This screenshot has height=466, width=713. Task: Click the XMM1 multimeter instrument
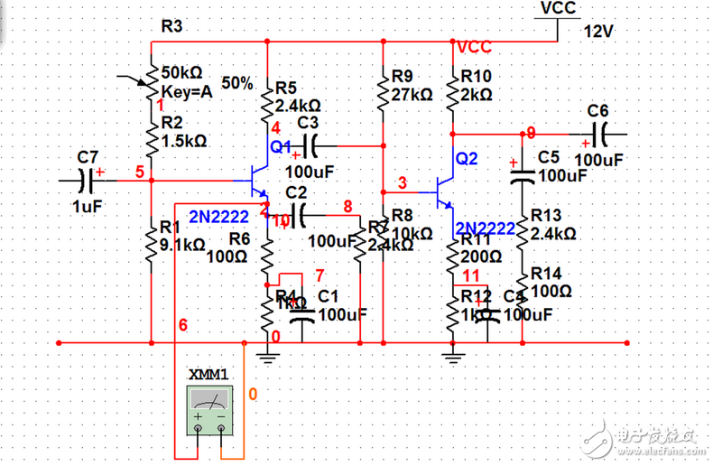[x=210, y=407]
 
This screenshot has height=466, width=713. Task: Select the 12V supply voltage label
[x=599, y=31]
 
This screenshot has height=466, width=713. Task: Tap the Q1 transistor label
[x=280, y=145]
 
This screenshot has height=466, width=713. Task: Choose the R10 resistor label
[x=476, y=76]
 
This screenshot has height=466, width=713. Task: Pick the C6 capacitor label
[x=597, y=110]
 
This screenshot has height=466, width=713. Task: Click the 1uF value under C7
[x=88, y=206]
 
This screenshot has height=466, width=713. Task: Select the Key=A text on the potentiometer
[x=186, y=91]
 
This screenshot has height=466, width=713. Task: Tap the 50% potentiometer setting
[x=236, y=82]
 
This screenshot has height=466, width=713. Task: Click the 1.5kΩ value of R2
[x=184, y=141]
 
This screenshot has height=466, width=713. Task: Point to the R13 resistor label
[x=546, y=215]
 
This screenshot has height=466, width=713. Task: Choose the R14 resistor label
[x=546, y=273]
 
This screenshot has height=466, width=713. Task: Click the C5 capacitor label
[x=549, y=155]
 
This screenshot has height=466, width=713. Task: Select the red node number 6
[x=183, y=324]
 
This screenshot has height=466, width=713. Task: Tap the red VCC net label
[x=475, y=46]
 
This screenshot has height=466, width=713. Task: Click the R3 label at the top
[x=171, y=26]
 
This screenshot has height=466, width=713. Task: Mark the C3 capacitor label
[x=308, y=122]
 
